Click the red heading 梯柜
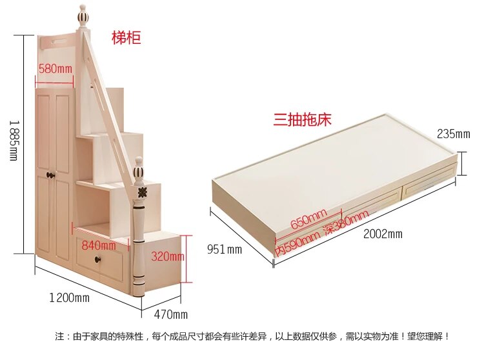126,38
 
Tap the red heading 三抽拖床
302,119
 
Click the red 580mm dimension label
55,68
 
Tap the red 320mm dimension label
168,256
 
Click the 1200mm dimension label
70,297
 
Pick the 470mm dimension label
171,314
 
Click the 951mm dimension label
225,249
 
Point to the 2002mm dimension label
383,234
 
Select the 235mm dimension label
454,134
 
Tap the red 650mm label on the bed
308,219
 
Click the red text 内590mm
297,243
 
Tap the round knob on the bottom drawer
99,259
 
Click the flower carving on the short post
142,192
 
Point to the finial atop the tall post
82,16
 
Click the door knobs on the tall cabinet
50,175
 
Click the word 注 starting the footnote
59,336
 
